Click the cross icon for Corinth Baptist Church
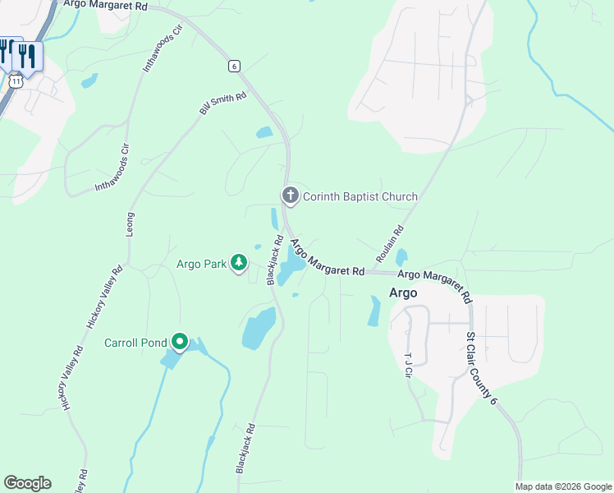pyautogui.click(x=290, y=196)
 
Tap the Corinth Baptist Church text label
pyautogui.click(x=360, y=196)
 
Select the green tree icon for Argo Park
pyautogui.click(x=238, y=263)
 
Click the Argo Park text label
pyautogui.click(x=201, y=264)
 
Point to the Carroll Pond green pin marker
pyautogui.click(x=180, y=342)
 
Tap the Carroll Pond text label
pyautogui.click(x=135, y=343)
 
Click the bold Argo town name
pyautogui.click(x=402, y=293)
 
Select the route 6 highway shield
pyautogui.click(x=235, y=66)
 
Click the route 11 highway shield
pyautogui.click(x=16, y=81)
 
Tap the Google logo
pyautogui.click(x=27, y=483)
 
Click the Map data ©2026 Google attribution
pyautogui.click(x=562, y=486)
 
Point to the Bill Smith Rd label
pyautogui.click(x=223, y=104)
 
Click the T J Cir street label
pyautogui.click(x=408, y=366)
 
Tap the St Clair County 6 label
pyautogui.click(x=481, y=368)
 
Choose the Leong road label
pyautogui.click(x=130, y=224)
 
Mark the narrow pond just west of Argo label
pyautogui.click(x=374, y=311)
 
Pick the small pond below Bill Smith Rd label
pyautogui.click(x=264, y=132)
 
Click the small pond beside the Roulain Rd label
pyautogui.click(x=401, y=257)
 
